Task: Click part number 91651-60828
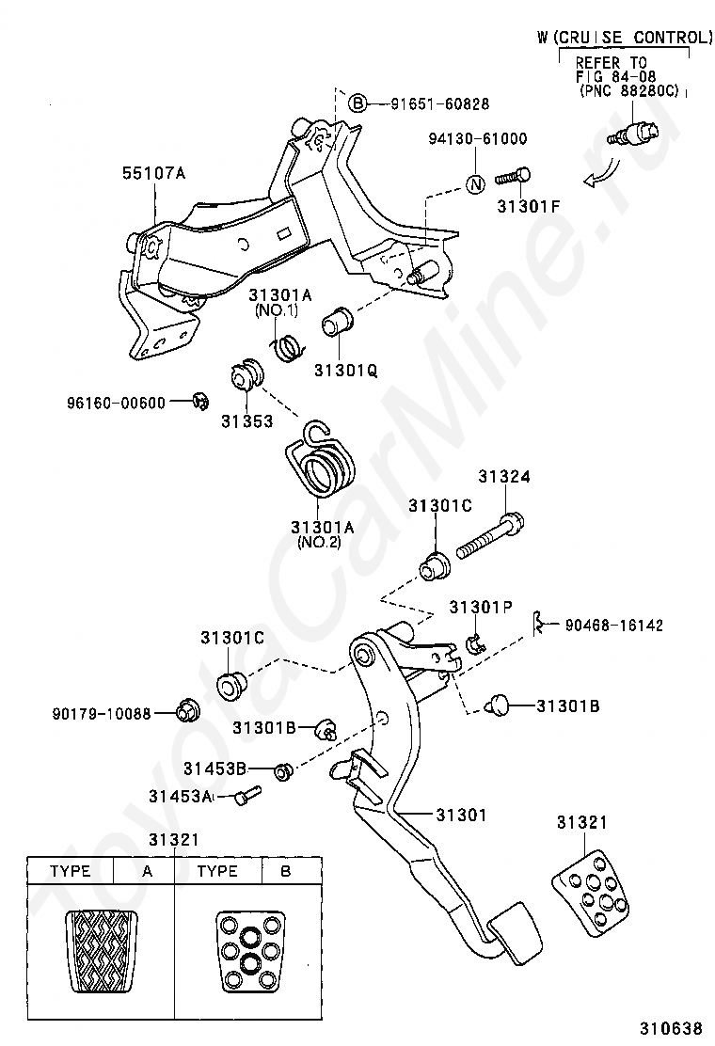(x=439, y=103)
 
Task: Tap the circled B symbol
(x=358, y=103)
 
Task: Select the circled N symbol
(x=475, y=183)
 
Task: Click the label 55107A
(x=153, y=173)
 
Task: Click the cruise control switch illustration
(x=633, y=132)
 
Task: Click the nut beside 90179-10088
(x=184, y=711)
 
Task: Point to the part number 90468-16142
(x=613, y=626)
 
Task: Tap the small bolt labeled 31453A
(x=247, y=795)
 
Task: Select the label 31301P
(x=481, y=607)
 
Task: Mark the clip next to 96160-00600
(x=199, y=401)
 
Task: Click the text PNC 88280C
(x=629, y=89)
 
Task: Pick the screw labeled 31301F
(x=514, y=178)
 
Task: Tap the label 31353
(x=247, y=420)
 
